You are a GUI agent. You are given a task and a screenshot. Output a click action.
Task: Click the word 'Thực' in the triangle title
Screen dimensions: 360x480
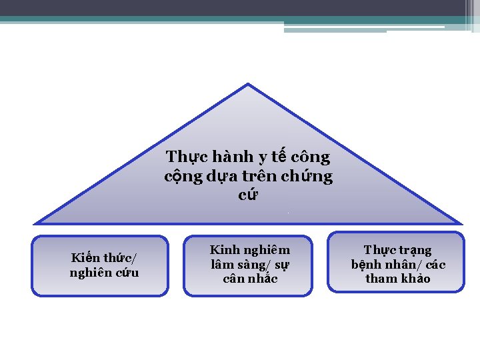tap(182, 157)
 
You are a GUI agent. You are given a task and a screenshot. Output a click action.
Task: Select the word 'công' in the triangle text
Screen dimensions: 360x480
tap(311, 157)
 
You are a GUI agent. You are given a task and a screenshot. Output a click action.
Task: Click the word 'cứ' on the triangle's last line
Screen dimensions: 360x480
tap(248, 196)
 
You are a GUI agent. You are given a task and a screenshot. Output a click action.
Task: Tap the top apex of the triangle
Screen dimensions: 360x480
tap(248, 84)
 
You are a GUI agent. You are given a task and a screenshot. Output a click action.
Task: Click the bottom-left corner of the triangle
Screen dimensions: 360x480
tap(35, 223)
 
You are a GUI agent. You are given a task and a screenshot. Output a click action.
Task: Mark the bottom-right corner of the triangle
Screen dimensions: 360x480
tap(460, 223)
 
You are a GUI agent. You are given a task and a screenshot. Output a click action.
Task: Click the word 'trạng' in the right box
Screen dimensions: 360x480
tap(415, 251)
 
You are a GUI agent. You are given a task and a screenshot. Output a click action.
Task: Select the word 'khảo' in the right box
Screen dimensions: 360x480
tap(415, 278)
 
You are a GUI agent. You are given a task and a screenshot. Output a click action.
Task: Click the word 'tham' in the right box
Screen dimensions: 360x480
tap(381, 278)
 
